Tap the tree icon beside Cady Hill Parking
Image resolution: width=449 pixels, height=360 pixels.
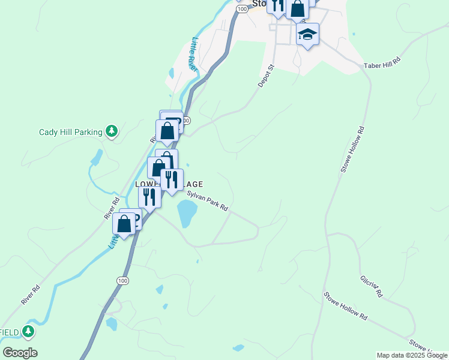(x=111, y=131)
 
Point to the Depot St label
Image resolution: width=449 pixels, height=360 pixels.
(x=266, y=76)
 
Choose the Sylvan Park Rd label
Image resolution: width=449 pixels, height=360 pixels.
(x=208, y=200)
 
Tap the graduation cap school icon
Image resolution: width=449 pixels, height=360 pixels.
(x=307, y=34)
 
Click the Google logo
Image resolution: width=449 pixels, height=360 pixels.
(x=20, y=353)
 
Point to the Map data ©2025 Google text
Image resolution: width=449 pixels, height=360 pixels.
(x=411, y=355)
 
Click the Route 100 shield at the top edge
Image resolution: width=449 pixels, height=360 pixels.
(x=242, y=9)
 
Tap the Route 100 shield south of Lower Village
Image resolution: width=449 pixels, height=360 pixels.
(x=122, y=280)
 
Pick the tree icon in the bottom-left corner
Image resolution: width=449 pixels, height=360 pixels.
(x=28, y=331)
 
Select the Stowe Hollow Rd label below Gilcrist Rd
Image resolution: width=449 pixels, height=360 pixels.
(x=346, y=306)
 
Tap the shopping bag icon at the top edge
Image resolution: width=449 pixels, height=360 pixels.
(x=297, y=8)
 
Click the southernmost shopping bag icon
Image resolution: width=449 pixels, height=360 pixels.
(x=124, y=224)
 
